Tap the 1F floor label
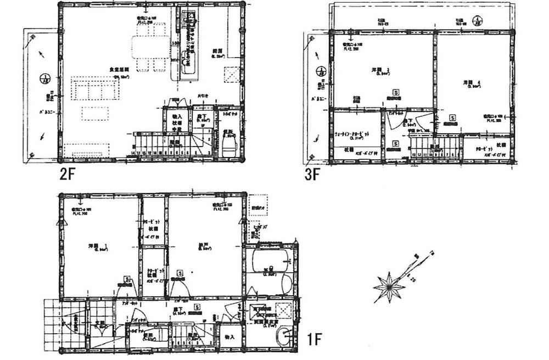[313, 340]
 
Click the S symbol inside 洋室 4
[452, 117]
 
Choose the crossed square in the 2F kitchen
[231, 75]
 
